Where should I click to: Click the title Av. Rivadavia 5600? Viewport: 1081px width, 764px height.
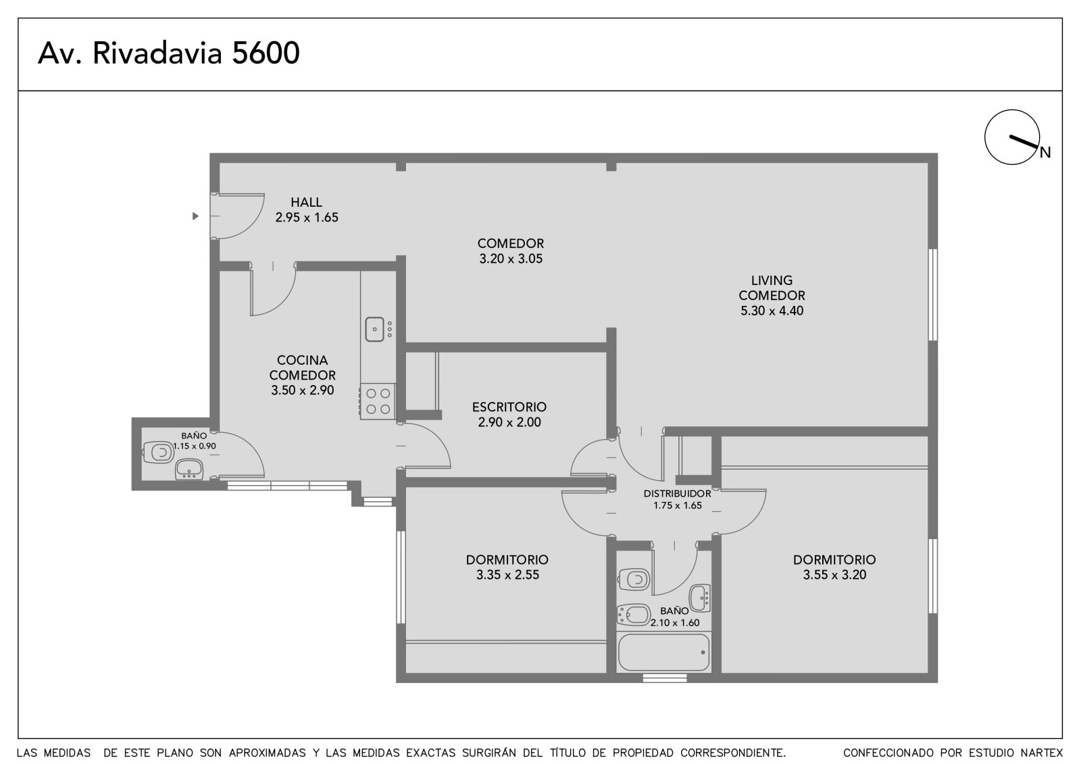(169, 53)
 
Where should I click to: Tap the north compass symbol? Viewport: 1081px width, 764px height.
(1013, 138)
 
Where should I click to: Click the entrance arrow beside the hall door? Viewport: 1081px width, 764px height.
(195, 216)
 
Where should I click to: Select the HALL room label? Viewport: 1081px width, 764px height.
(306, 202)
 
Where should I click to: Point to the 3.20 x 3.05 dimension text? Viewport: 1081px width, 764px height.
(511, 259)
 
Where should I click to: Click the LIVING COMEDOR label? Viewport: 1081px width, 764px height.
(772, 288)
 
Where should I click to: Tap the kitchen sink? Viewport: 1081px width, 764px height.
(374, 329)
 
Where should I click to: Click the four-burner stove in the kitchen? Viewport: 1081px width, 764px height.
(378, 401)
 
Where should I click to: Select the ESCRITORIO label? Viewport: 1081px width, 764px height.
(509, 407)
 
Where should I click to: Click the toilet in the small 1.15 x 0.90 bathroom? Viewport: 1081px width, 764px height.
(158, 453)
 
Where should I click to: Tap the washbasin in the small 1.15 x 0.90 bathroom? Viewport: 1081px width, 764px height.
(189, 469)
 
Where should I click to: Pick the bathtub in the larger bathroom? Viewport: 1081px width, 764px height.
(663, 653)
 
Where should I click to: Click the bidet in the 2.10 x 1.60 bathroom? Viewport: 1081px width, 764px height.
(633, 615)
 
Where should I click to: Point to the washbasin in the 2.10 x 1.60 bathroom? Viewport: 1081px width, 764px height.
(700, 598)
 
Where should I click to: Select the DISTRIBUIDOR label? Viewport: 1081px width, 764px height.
(677, 494)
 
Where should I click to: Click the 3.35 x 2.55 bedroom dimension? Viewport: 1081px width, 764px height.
(507, 575)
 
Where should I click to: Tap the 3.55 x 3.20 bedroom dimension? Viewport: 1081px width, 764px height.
(834, 575)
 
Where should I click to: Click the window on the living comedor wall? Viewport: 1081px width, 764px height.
(933, 295)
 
